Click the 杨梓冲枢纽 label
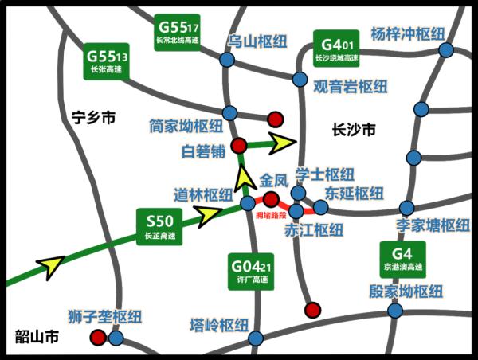tap(406, 34)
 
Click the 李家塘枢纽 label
tap(433, 225)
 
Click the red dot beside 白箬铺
tap(238, 146)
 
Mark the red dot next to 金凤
tap(271, 199)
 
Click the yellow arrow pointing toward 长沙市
tap(281, 143)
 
